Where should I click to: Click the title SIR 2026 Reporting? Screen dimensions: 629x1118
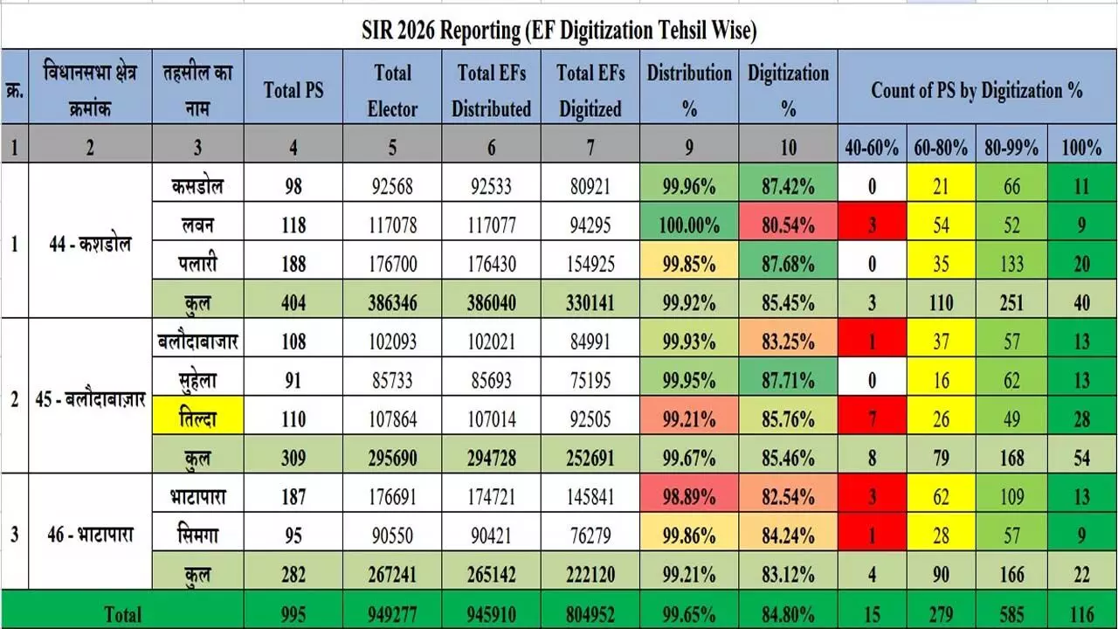559,31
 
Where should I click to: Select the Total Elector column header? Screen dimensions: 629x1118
392,91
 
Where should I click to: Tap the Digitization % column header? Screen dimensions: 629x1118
788,91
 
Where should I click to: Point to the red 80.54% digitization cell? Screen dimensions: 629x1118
788,225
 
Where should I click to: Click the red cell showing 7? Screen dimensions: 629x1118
872,419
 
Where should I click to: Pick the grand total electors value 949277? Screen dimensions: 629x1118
392,614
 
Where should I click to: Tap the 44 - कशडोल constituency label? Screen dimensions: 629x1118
90,244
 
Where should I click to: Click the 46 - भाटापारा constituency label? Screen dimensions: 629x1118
90,535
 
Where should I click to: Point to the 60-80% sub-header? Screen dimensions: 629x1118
941,148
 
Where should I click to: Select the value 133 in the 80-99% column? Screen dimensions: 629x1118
1011,264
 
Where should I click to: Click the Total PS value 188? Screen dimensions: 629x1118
293,264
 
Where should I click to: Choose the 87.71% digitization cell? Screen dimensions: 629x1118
788,381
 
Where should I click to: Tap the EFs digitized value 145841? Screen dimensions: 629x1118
590,497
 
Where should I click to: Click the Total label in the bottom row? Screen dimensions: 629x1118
122,614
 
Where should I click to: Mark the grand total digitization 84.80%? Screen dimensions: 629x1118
788,614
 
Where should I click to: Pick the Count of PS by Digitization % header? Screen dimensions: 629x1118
977,90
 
